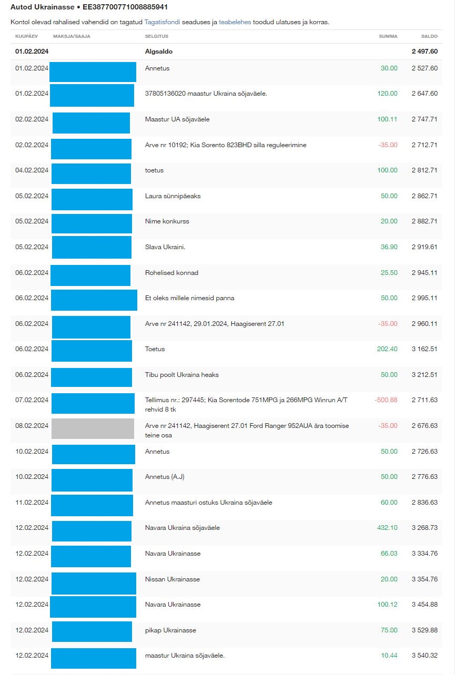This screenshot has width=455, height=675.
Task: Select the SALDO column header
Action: pos(429,36)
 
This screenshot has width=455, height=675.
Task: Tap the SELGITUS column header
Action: pos(156,36)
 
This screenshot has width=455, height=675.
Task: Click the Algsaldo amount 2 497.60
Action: pos(424,52)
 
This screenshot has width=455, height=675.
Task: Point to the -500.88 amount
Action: pos(386,400)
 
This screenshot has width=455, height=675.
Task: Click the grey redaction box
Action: pos(93,428)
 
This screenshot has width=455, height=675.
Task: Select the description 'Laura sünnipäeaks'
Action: pos(173,196)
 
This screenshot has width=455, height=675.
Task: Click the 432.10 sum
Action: pos(388,528)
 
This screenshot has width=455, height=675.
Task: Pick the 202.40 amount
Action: pos(387,349)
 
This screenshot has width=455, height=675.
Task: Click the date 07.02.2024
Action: pos(32,400)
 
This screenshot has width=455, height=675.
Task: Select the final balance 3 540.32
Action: pos(424,656)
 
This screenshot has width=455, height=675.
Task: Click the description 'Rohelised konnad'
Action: pos(171,273)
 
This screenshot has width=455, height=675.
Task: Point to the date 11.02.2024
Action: pos(32,503)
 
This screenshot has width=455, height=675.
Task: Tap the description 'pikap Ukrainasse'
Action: pos(170,630)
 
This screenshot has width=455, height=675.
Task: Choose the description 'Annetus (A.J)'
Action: pos(165,477)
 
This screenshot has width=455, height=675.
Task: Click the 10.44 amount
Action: pos(389,656)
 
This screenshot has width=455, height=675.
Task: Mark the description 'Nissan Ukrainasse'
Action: pos(172,579)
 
